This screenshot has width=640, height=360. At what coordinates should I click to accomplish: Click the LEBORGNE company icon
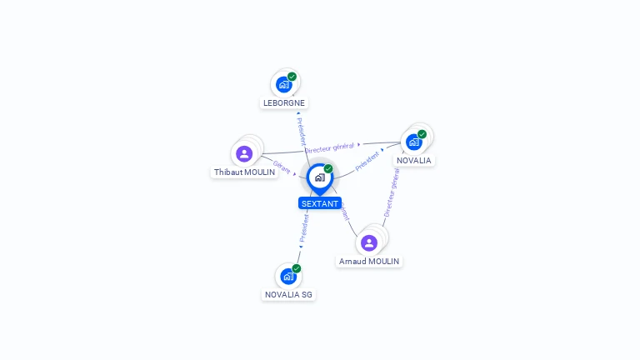pyautogui.click(x=284, y=85)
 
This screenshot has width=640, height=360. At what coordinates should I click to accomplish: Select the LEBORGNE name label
pyautogui.click(x=284, y=103)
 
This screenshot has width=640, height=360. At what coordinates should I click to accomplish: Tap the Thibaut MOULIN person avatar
pyautogui.click(x=244, y=153)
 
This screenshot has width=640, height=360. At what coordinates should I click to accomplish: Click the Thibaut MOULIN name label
pyautogui.click(x=244, y=172)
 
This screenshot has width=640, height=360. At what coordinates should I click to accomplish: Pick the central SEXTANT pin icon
pyautogui.click(x=319, y=177)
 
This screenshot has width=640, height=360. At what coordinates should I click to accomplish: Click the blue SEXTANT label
pyautogui.click(x=320, y=203)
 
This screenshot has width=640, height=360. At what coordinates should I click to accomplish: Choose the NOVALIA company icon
pyautogui.click(x=414, y=142)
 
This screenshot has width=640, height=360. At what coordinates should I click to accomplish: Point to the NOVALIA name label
pyautogui.click(x=414, y=160)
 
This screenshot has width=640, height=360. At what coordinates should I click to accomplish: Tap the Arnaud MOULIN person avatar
pyautogui.click(x=369, y=242)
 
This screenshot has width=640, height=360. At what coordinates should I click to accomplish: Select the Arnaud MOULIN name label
pyautogui.click(x=369, y=262)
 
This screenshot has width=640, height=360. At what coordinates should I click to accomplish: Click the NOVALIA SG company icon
pyautogui.click(x=288, y=276)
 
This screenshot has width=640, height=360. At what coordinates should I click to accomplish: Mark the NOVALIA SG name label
pyautogui.click(x=289, y=294)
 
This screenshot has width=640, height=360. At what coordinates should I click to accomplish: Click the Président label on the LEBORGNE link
pyautogui.click(x=301, y=131)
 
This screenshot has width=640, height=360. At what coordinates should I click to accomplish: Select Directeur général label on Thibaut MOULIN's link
pyautogui.click(x=329, y=147)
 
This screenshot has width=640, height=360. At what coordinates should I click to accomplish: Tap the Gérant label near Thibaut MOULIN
pyautogui.click(x=282, y=167)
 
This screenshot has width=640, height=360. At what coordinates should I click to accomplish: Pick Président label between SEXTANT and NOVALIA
pyautogui.click(x=367, y=161)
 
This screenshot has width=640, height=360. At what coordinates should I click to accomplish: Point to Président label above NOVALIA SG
pyautogui.click(x=304, y=228)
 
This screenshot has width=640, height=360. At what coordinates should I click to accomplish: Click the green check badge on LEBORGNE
pyautogui.click(x=292, y=77)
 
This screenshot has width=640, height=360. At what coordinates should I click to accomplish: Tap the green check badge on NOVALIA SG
pyautogui.click(x=296, y=268)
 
